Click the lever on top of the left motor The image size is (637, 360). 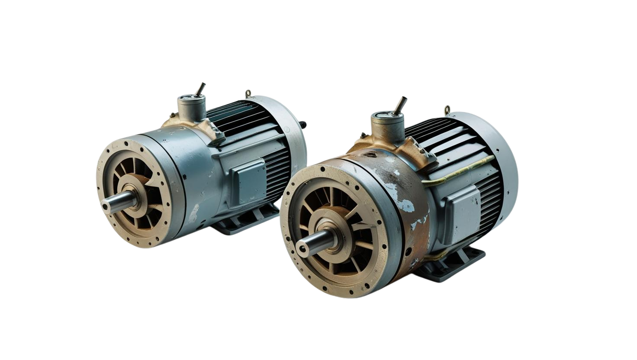click(200, 89)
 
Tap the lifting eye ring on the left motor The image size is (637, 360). click(248, 93)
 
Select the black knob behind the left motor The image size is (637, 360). click(306, 125)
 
